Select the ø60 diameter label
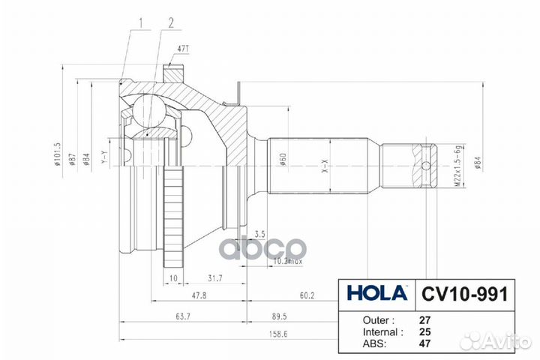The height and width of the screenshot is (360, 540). click(x=283, y=160)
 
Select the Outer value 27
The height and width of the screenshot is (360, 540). click(x=424, y=318)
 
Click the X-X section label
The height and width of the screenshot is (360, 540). click(x=325, y=166)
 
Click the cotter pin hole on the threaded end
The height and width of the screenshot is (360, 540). click(x=426, y=166)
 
